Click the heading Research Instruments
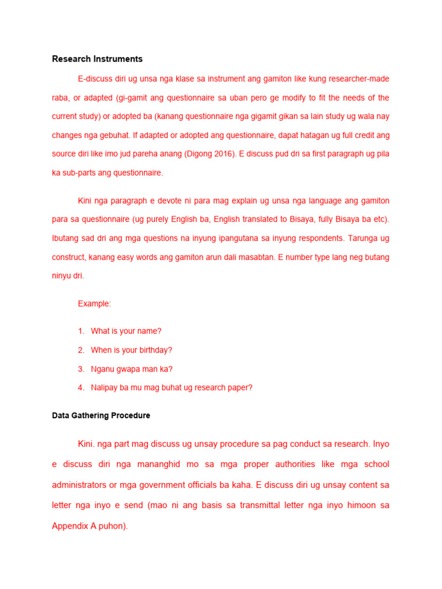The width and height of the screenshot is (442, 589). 97,59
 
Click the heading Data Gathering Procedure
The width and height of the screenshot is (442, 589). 101,415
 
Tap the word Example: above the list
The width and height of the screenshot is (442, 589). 94,304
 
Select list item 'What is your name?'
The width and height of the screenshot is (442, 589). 126,331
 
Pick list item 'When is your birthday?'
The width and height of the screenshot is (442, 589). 131,350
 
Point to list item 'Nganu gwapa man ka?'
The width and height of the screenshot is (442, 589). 132,369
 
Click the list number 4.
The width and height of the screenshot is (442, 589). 81,388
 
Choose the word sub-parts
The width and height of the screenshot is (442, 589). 79,173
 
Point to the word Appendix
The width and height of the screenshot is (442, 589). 70,526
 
